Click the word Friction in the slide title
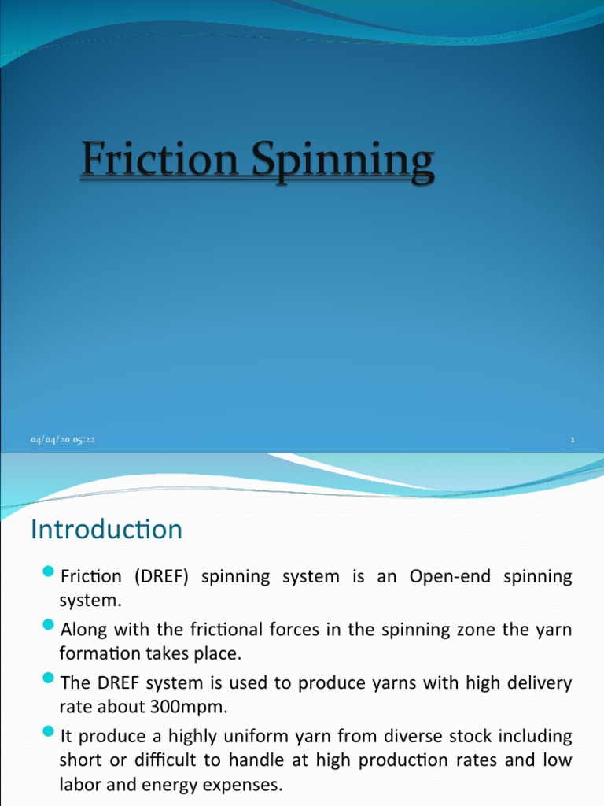click(157, 161)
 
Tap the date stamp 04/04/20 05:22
click(63, 440)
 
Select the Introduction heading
click(106, 529)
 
